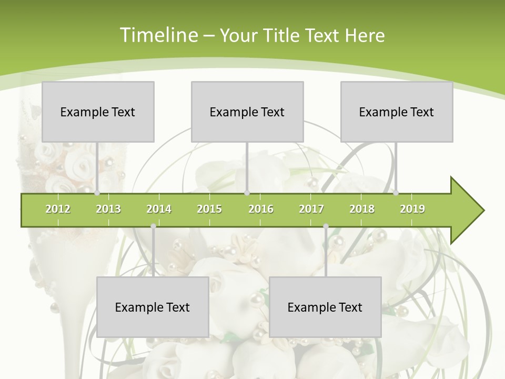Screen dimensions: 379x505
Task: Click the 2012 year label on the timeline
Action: point(58,209)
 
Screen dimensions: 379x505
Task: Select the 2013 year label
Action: point(108,209)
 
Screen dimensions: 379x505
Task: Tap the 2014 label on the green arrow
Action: point(159,209)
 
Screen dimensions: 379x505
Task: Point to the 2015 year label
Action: point(209,209)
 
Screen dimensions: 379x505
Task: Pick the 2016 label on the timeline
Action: point(261,209)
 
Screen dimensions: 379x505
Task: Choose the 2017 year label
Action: point(311,209)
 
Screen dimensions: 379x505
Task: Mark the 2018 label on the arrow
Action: point(362,209)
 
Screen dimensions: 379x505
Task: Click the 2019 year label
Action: point(412,209)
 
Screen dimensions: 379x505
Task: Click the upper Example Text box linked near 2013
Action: point(98,112)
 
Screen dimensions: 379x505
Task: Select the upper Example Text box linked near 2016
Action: point(247,112)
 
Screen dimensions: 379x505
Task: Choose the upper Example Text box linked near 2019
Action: point(397,112)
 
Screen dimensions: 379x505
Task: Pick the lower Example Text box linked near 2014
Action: point(153,307)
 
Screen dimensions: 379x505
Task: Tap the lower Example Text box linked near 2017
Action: point(325,307)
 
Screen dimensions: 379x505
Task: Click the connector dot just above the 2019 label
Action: point(396,193)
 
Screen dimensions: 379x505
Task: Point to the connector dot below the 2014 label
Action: point(153,226)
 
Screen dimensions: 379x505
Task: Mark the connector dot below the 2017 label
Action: point(326,226)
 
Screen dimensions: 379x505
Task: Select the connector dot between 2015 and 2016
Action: point(247,193)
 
